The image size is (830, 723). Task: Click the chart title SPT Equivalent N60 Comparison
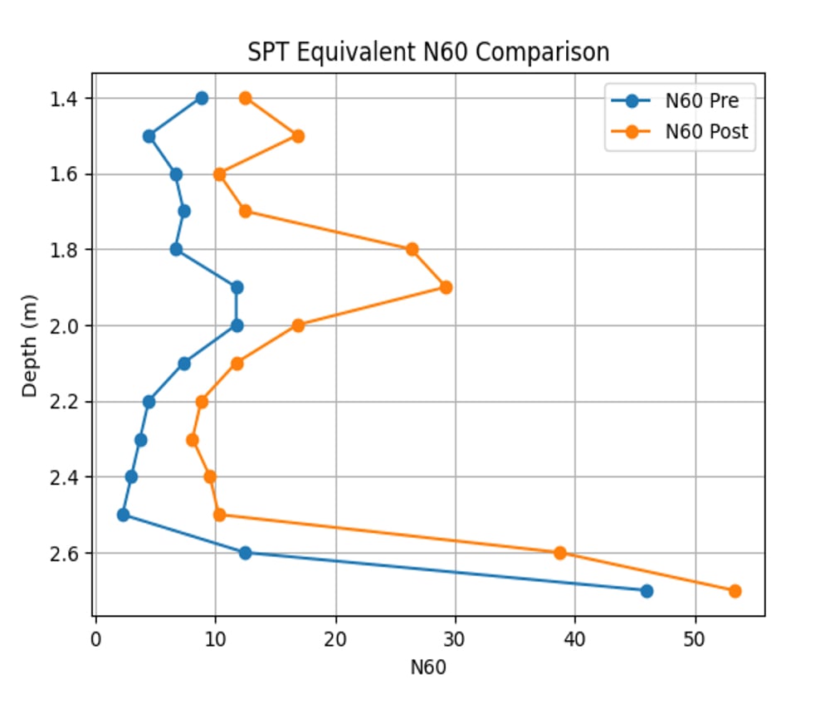(x=428, y=52)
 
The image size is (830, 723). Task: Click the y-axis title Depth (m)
(x=30, y=344)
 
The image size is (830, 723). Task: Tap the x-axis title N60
(x=428, y=667)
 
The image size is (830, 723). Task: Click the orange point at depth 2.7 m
(x=735, y=591)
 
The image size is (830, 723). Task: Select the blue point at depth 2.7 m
(x=647, y=591)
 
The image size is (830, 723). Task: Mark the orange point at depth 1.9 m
(x=446, y=287)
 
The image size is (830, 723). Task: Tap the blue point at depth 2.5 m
(x=123, y=515)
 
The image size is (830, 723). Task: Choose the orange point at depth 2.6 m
(x=559, y=553)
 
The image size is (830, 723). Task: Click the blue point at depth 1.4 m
(x=202, y=98)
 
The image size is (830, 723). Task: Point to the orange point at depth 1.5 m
(x=298, y=136)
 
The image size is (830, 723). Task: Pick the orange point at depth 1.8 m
(x=412, y=249)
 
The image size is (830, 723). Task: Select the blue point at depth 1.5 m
(x=149, y=136)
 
